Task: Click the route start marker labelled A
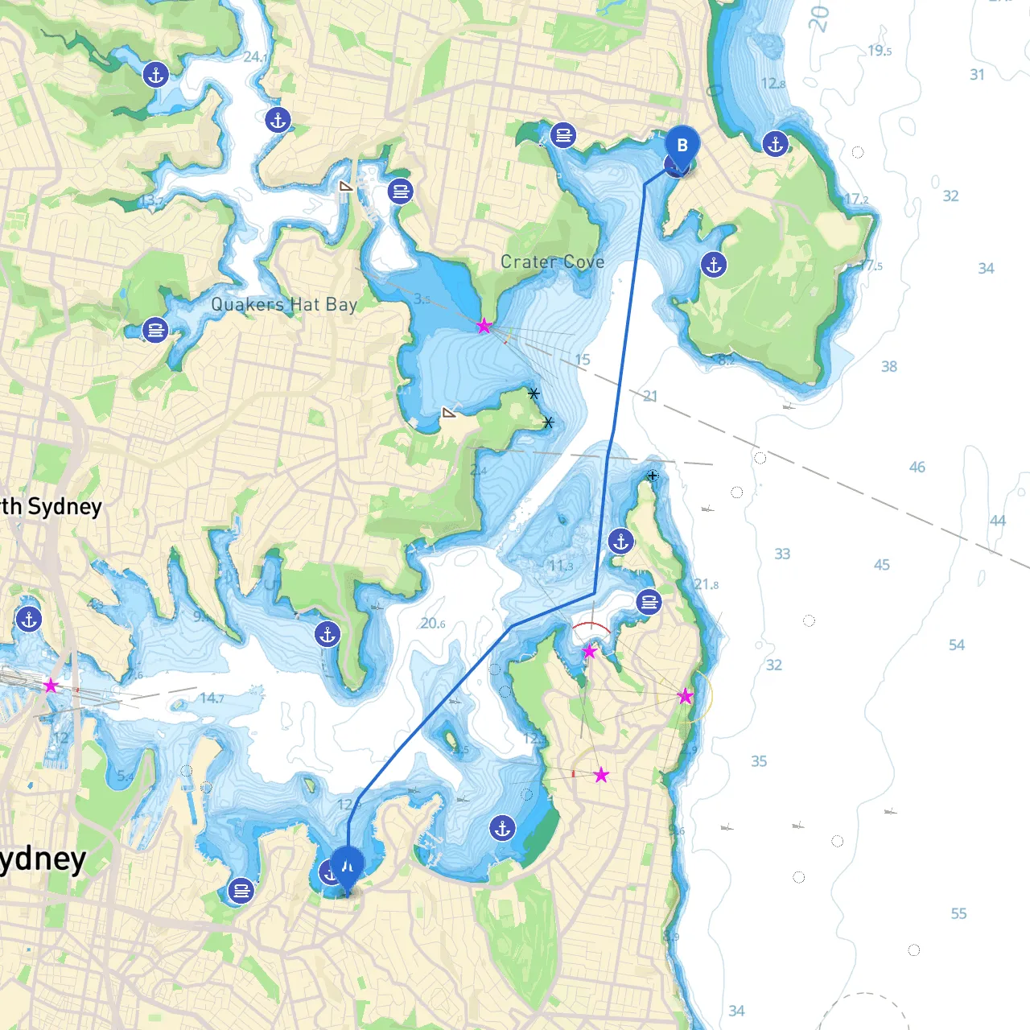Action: [348, 866]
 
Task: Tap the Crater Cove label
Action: [552, 262]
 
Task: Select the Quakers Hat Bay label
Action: [283, 304]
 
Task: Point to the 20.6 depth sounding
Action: [432, 624]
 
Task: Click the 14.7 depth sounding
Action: [212, 698]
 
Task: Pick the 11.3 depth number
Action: [560, 566]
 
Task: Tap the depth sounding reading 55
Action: [958, 913]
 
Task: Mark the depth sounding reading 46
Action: [917, 467]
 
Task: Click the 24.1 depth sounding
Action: [255, 57]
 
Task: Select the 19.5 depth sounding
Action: [879, 51]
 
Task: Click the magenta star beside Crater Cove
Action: [484, 326]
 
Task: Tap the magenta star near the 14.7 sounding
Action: [51, 686]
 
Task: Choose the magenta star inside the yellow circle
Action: [685, 696]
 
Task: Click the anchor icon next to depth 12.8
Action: [775, 144]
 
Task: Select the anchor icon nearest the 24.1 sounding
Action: [278, 121]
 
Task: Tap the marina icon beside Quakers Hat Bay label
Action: [155, 330]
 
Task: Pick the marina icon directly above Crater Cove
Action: [563, 135]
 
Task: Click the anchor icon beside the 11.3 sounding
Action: [620, 542]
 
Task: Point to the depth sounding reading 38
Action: [888, 366]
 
